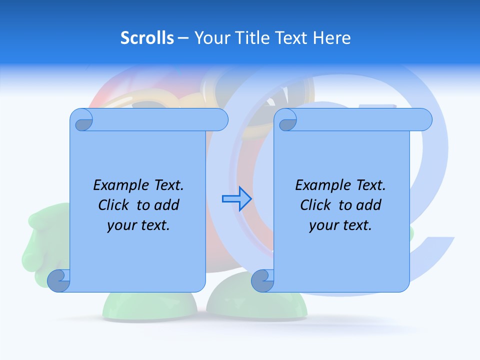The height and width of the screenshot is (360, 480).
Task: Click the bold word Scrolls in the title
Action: pos(147,38)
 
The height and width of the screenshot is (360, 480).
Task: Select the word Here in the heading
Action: pos(332,38)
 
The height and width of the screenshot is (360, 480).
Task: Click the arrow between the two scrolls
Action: pos(236,199)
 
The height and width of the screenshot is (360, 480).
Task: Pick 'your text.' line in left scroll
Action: pos(138,225)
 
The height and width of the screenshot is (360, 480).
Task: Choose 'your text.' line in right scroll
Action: pos(340,225)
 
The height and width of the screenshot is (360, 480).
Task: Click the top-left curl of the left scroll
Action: pos(81,120)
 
